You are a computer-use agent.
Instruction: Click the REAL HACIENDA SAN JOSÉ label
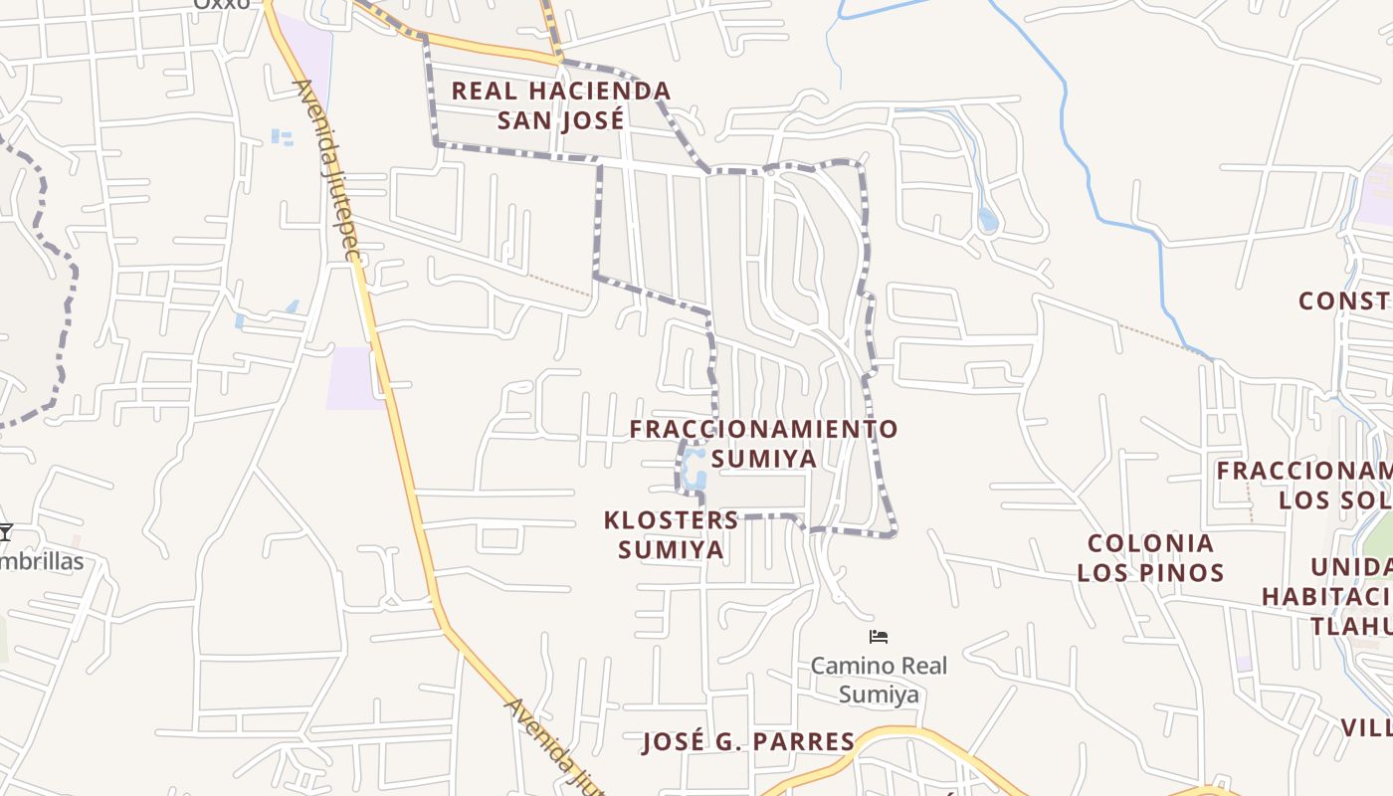[561, 105]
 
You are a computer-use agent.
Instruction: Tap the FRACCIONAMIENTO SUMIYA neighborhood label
[764, 444]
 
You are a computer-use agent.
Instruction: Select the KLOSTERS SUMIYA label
[671, 534]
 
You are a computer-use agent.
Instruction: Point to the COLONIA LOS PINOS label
[1150, 557]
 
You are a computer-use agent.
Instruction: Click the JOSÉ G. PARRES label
[748, 741]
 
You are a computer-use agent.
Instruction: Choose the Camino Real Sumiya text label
[879, 680]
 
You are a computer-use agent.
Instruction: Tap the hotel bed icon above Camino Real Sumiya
[879, 637]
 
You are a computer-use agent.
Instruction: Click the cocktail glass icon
[6, 532]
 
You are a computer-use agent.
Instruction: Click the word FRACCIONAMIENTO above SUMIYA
[764, 429]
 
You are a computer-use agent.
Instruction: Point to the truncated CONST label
[1344, 300]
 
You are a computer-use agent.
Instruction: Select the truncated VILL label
[1365, 727]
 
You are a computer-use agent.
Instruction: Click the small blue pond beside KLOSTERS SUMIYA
[695, 467]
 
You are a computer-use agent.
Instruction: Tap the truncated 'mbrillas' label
[42, 561]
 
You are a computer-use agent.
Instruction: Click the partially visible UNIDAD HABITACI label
[1329, 596]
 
